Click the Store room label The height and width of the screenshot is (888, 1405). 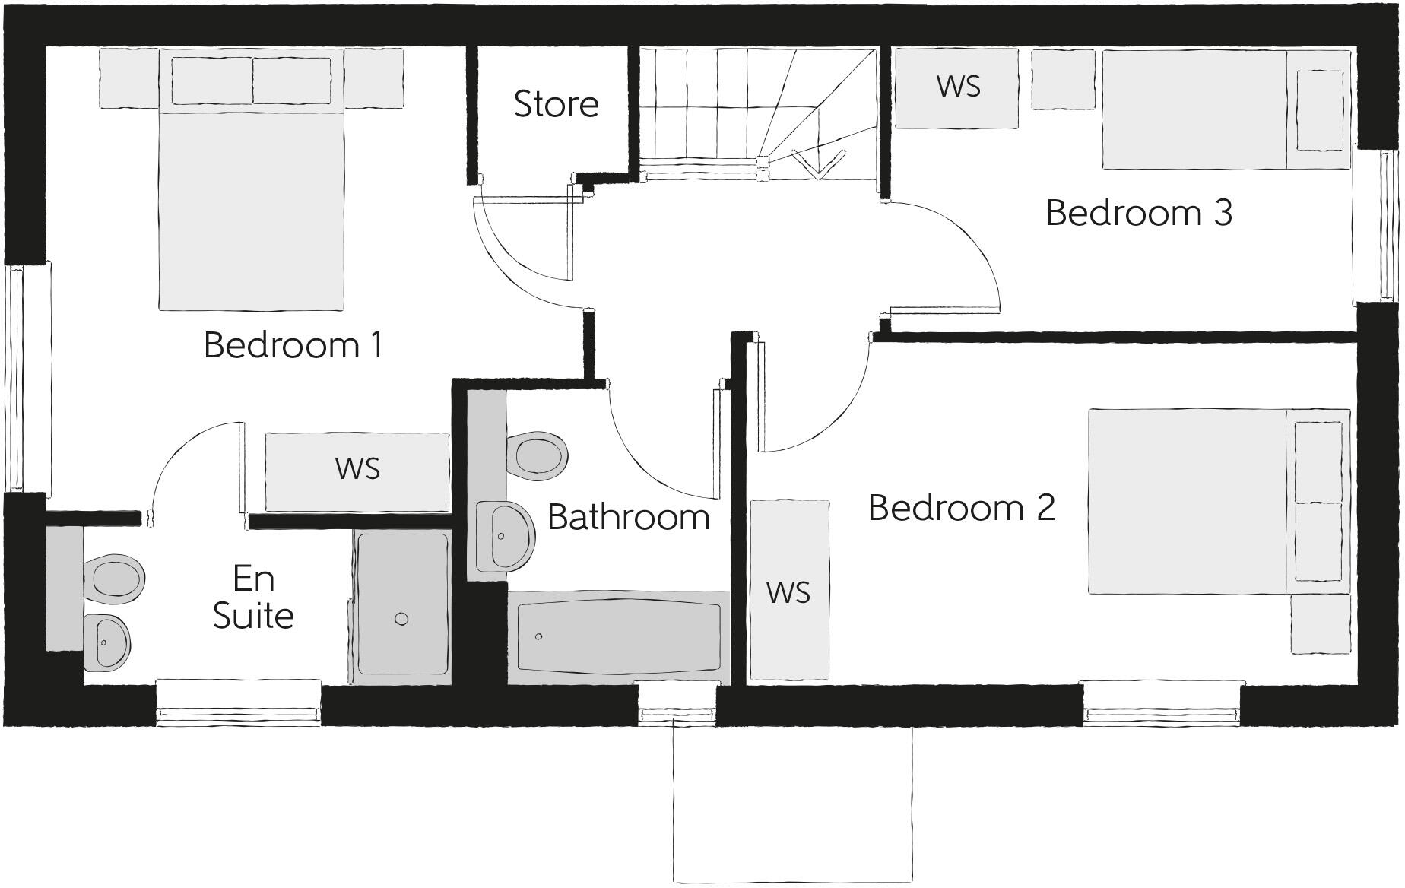(556, 104)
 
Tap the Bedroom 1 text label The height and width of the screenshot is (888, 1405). (293, 344)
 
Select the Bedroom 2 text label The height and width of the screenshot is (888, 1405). (962, 507)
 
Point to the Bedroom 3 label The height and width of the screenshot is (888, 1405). (1138, 212)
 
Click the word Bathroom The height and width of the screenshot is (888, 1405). (628, 517)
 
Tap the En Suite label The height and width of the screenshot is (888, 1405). (253, 598)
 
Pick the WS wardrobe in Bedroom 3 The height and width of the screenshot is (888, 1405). (957, 87)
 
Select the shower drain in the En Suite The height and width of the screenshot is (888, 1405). (401, 619)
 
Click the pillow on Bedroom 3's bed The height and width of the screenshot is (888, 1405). (1319, 110)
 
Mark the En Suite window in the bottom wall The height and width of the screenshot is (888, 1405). (238, 713)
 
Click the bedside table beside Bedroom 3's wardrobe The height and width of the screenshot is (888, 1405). (1063, 80)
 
